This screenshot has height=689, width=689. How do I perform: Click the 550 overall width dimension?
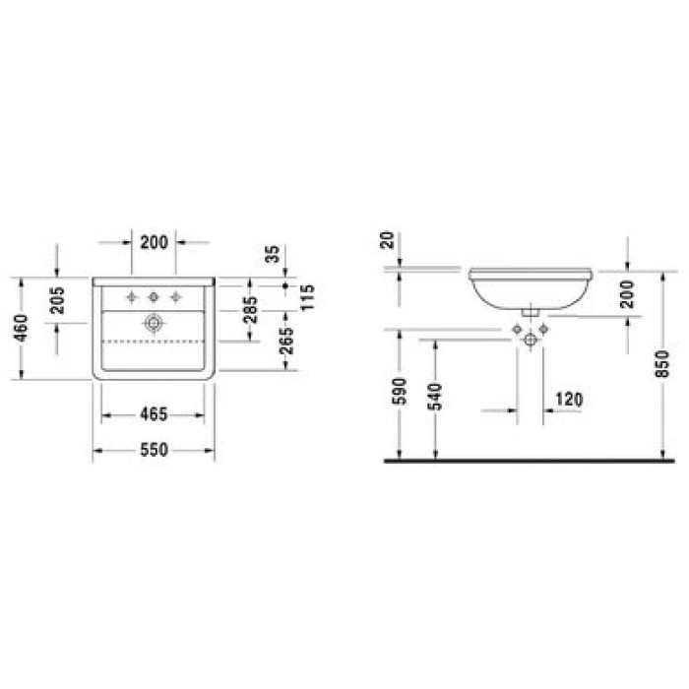pos(154,450)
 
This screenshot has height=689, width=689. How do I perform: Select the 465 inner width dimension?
pos(154,414)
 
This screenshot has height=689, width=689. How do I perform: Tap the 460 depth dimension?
pos(21,328)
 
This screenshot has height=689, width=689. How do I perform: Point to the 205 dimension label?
pos(57,300)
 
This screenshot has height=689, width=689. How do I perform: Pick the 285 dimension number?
pos(250,310)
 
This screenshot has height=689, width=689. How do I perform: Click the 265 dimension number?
pos(286,341)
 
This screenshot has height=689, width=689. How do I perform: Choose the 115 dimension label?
pos(307,297)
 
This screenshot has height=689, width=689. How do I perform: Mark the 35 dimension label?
pos(273,254)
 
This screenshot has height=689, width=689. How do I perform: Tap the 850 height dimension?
pos(661,364)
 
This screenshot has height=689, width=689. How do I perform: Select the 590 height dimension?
pos(400,391)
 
